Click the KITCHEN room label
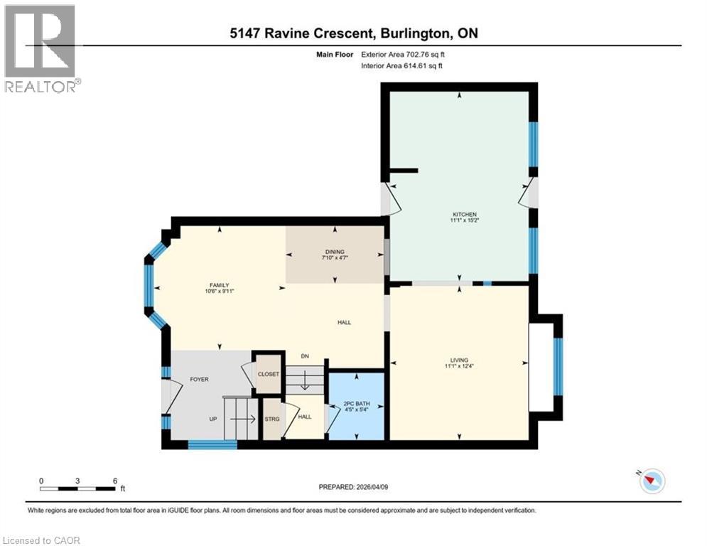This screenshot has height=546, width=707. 465,214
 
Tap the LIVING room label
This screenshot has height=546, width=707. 459,360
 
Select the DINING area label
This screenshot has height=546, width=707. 335,252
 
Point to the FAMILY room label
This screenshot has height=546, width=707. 219,285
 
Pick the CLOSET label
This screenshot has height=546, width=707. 269,374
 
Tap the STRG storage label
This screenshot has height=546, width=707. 272,419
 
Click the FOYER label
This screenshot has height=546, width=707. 199,380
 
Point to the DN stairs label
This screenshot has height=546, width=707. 305,356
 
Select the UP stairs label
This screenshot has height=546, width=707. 213,419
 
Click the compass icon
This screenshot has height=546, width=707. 652,481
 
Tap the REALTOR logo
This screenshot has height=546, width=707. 41,49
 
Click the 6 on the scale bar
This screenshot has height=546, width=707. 115,481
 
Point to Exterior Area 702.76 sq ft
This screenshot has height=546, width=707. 403,55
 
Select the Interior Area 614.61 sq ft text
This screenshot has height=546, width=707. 401,66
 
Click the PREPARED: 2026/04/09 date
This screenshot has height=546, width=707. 354,487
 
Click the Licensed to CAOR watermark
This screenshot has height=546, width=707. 41,540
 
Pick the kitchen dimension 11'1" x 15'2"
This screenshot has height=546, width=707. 465,220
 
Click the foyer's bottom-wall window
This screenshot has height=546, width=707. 212,445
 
